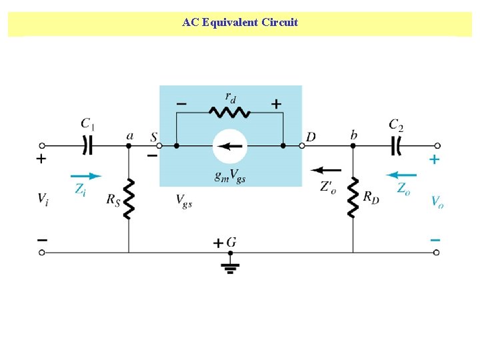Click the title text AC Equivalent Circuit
tap(240, 23)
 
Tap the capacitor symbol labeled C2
tap(397, 144)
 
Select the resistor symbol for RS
tap(129, 199)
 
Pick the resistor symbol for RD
tap(353, 197)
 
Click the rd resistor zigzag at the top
tap(229, 113)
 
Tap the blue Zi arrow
tap(85, 176)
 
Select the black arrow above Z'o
tap(326, 170)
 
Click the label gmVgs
tap(229, 177)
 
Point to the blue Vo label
tap(437, 201)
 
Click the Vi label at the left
tap(43, 198)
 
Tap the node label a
tap(129, 136)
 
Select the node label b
tap(353, 135)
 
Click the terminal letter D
tap(311, 137)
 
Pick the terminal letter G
tap(231, 242)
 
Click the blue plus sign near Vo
tap(435, 159)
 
